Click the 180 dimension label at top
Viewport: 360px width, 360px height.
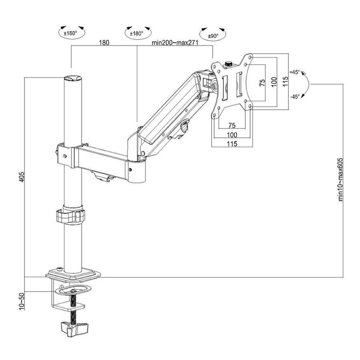(x=104, y=43)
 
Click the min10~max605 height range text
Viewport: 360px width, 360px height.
(x=340, y=180)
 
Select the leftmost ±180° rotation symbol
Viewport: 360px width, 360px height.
(x=71, y=33)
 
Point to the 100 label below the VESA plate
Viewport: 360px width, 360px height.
(x=232, y=135)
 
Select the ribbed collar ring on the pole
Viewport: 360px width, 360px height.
(x=71, y=216)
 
